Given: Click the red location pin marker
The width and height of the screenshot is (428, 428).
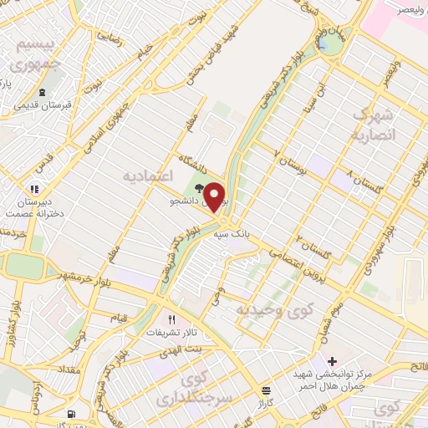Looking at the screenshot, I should pos(216,196).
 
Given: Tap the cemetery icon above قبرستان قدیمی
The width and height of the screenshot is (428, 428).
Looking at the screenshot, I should pos(40,93).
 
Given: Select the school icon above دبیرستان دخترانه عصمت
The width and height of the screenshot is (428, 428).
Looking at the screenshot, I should pos(34,189).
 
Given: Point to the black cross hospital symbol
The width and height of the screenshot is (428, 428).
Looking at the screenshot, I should pos(332,361).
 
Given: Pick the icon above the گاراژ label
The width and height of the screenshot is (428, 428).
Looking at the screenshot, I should pos(266,390).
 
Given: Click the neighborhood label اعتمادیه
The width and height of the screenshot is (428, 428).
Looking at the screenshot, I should pos(148,176).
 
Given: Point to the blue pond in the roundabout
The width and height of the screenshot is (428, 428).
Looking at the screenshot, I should pos(323,43).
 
